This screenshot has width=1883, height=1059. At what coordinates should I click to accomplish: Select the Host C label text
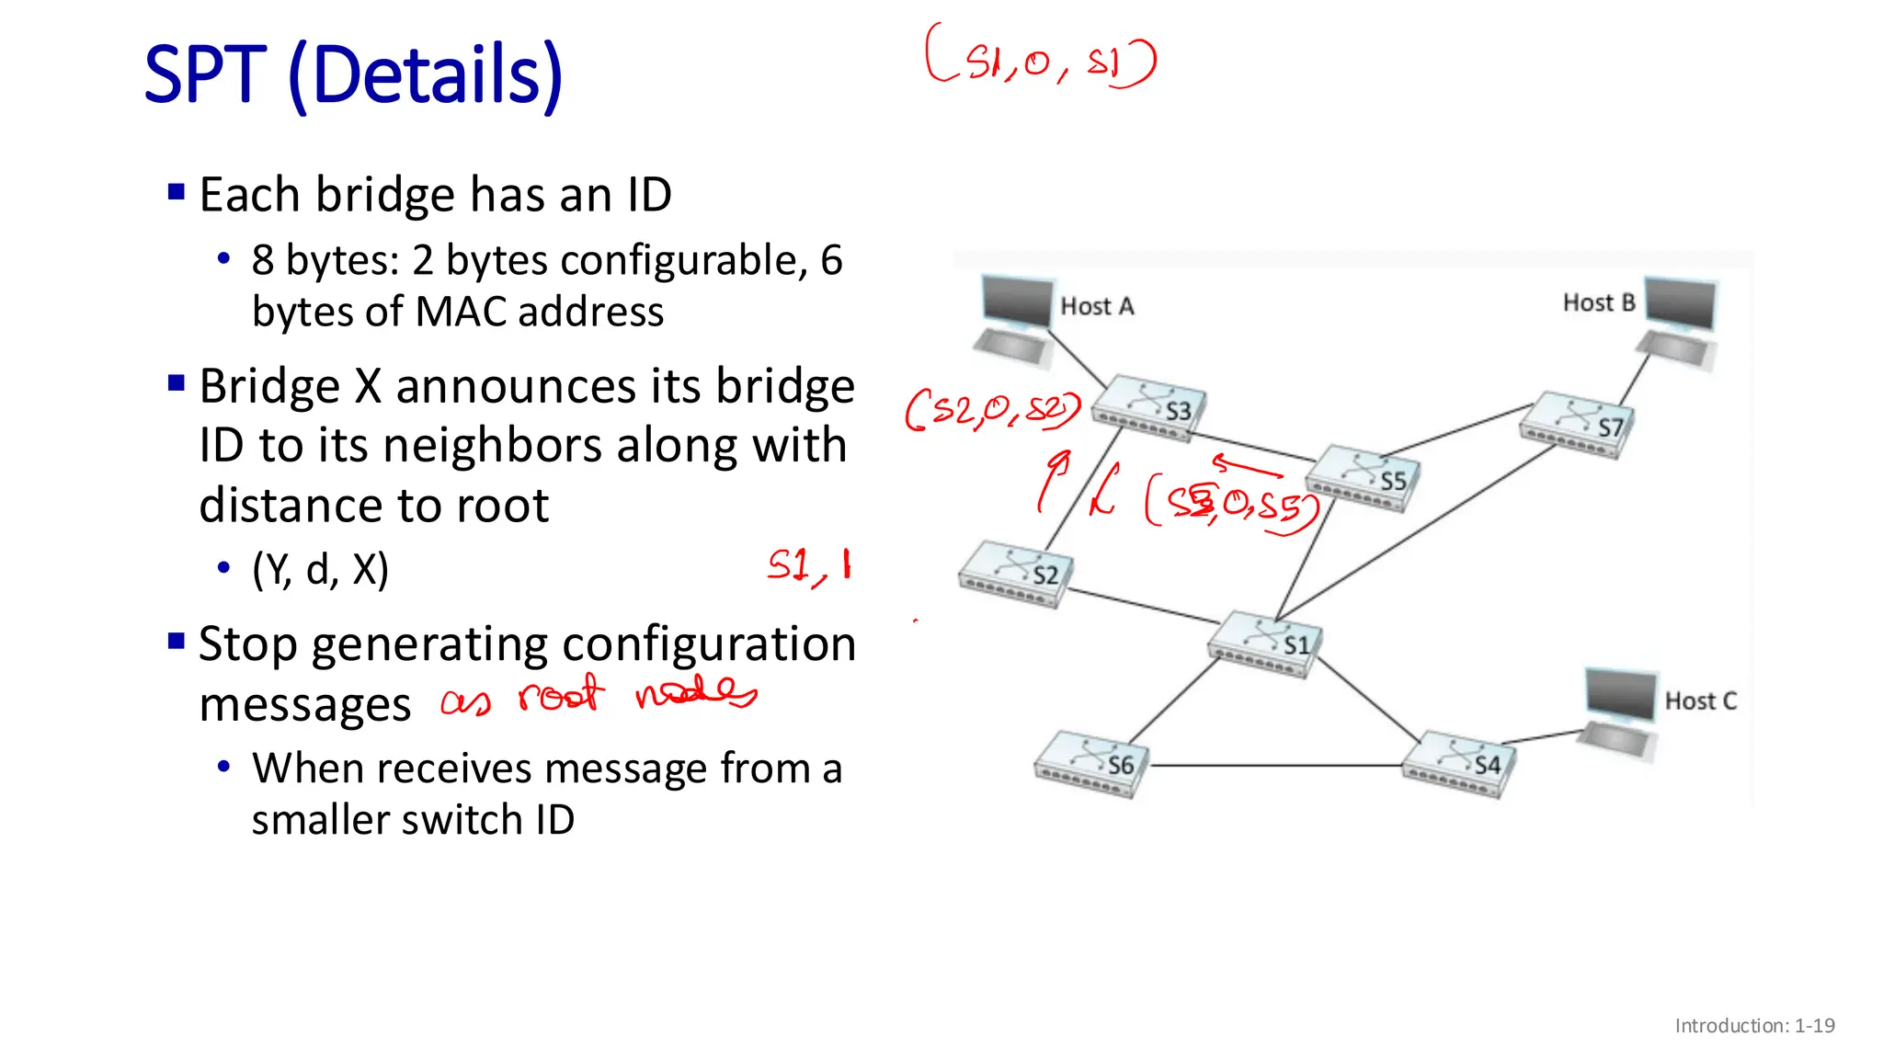click(1700, 701)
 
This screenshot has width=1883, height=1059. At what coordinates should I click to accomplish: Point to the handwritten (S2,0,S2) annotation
click(992, 410)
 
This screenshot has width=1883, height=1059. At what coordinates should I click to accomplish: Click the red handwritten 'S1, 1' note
click(809, 565)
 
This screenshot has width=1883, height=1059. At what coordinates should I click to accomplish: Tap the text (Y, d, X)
click(320, 570)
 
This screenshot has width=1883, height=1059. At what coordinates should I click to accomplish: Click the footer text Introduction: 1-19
click(1754, 1026)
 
